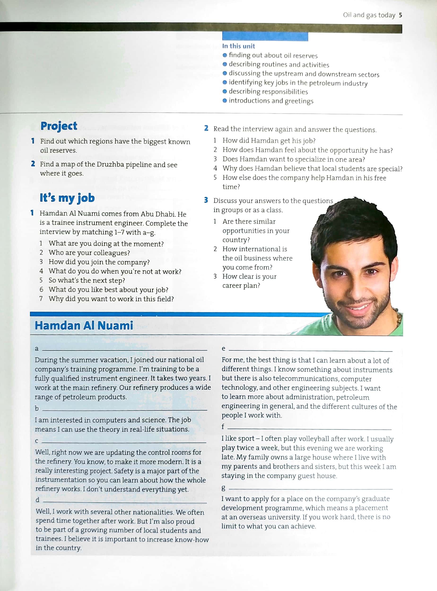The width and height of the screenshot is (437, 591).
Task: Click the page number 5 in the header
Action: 400,15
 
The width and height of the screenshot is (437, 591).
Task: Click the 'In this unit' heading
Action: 238,46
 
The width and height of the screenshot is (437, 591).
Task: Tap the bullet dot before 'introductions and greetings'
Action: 225,101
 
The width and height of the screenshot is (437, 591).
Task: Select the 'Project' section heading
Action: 59,126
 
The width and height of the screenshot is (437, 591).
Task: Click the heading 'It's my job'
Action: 67,198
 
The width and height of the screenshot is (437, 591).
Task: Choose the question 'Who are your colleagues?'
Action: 89,253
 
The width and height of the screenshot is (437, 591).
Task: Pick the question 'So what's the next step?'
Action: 87,281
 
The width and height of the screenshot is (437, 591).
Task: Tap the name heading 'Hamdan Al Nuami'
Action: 84,326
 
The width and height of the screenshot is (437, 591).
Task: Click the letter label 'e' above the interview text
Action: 223,349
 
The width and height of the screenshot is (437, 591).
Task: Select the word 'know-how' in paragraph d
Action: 194,540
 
